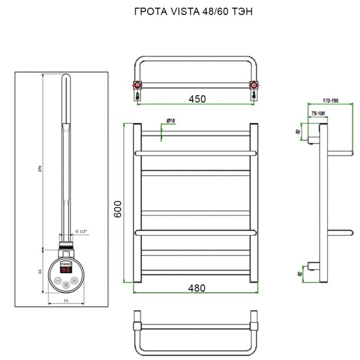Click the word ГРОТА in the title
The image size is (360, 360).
[146, 12]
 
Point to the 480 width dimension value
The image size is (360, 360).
[196, 288]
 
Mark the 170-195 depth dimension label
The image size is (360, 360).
[330, 101]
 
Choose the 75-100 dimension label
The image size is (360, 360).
[318, 113]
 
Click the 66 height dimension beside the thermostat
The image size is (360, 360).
[40, 271]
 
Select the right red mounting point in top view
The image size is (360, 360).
[256, 84]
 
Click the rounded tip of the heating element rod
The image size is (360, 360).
[66, 77]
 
